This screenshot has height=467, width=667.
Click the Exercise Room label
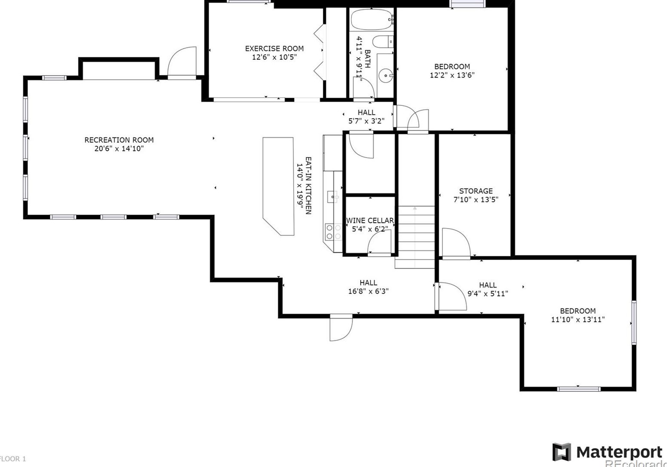click(x=274, y=49)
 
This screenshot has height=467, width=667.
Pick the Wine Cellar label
click(x=370, y=221)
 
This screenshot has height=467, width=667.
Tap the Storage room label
click(x=476, y=191)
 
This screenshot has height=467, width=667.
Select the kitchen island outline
click(x=278, y=185)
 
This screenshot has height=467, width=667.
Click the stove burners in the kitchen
click(x=330, y=232)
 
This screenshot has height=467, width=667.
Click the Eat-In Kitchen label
click(x=309, y=185)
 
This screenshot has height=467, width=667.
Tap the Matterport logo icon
click(x=562, y=452)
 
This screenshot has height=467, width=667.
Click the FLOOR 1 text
click(x=13, y=459)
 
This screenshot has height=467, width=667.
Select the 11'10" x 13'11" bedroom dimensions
click(x=577, y=320)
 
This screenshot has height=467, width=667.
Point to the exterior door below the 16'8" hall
click(x=341, y=328)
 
